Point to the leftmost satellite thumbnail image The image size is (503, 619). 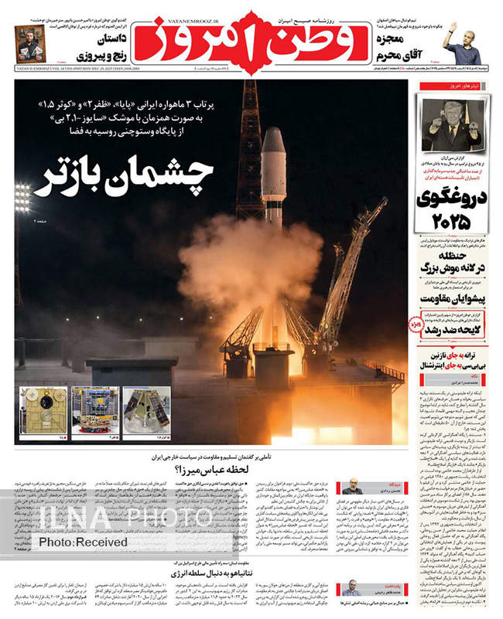click(x=43, y=410)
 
